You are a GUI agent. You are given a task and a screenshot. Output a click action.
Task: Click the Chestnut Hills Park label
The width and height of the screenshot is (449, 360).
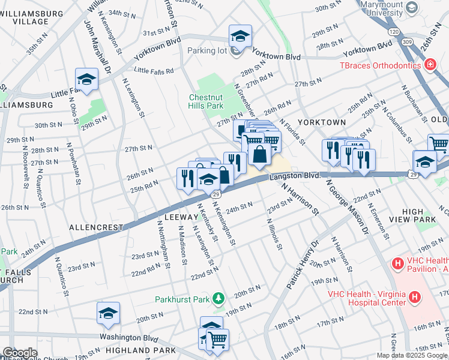(x=206, y=101)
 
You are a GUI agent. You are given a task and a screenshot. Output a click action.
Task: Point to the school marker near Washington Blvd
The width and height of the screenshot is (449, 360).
(x=108, y=313)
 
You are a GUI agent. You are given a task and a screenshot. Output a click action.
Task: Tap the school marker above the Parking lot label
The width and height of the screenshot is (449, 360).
(x=240, y=35)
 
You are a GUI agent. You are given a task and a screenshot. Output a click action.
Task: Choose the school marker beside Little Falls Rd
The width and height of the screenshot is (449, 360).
(x=86, y=79)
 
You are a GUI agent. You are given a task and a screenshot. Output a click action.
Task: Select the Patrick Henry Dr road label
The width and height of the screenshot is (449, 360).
(x=302, y=265)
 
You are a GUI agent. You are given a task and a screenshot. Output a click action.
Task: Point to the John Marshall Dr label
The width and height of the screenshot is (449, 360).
(x=98, y=47)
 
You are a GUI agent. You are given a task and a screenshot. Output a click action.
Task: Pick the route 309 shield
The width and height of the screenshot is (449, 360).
(x=409, y=43)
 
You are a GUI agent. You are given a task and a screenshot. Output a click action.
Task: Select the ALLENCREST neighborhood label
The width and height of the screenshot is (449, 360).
(x=96, y=228)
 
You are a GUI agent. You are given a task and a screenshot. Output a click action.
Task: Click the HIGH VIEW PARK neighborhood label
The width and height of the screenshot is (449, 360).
(x=420, y=216)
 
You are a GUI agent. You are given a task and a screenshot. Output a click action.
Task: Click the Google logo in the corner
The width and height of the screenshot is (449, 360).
(x=19, y=353)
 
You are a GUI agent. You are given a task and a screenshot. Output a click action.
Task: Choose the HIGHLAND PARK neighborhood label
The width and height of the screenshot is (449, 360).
(x=140, y=350)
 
